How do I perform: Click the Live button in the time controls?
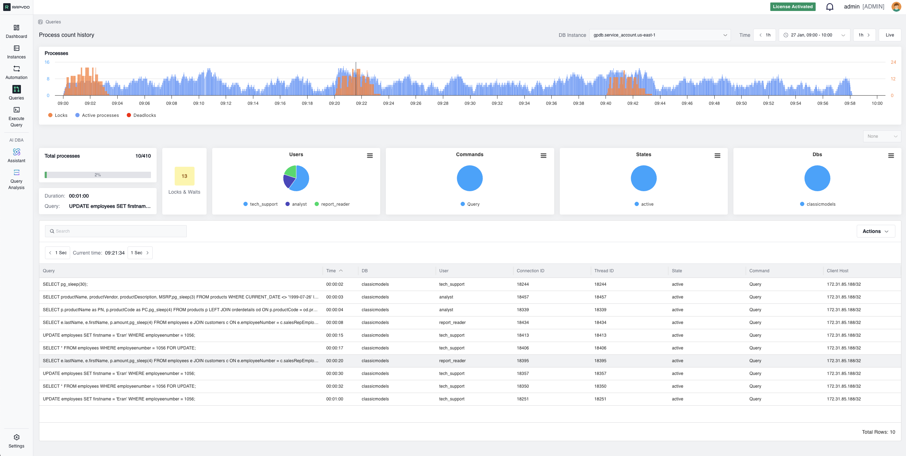(889, 35)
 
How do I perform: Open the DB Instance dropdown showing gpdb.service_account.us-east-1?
(659, 35)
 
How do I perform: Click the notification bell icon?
(829, 7)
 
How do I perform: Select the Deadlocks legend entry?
(141, 115)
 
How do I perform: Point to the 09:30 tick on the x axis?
(470, 103)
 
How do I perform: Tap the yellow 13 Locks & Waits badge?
(184, 176)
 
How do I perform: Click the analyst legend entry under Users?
(296, 204)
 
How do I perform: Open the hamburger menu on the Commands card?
(543, 156)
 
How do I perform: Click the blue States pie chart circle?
(643, 178)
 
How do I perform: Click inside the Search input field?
(116, 231)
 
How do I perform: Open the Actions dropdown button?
(876, 231)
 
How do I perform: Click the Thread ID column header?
(604, 271)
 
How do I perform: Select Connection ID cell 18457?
(523, 297)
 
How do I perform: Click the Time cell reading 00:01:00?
(334, 399)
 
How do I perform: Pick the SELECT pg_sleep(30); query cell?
(65, 284)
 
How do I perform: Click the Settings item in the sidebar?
(16, 441)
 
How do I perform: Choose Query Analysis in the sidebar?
(16, 179)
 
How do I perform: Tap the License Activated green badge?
(792, 7)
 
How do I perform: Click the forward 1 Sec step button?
(140, 253)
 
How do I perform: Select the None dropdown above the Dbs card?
(882, 136)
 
